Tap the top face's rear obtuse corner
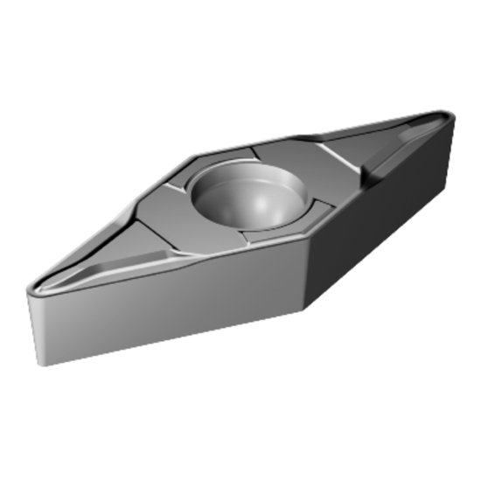tap(197, 156)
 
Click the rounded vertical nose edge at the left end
tap(33, 324)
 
